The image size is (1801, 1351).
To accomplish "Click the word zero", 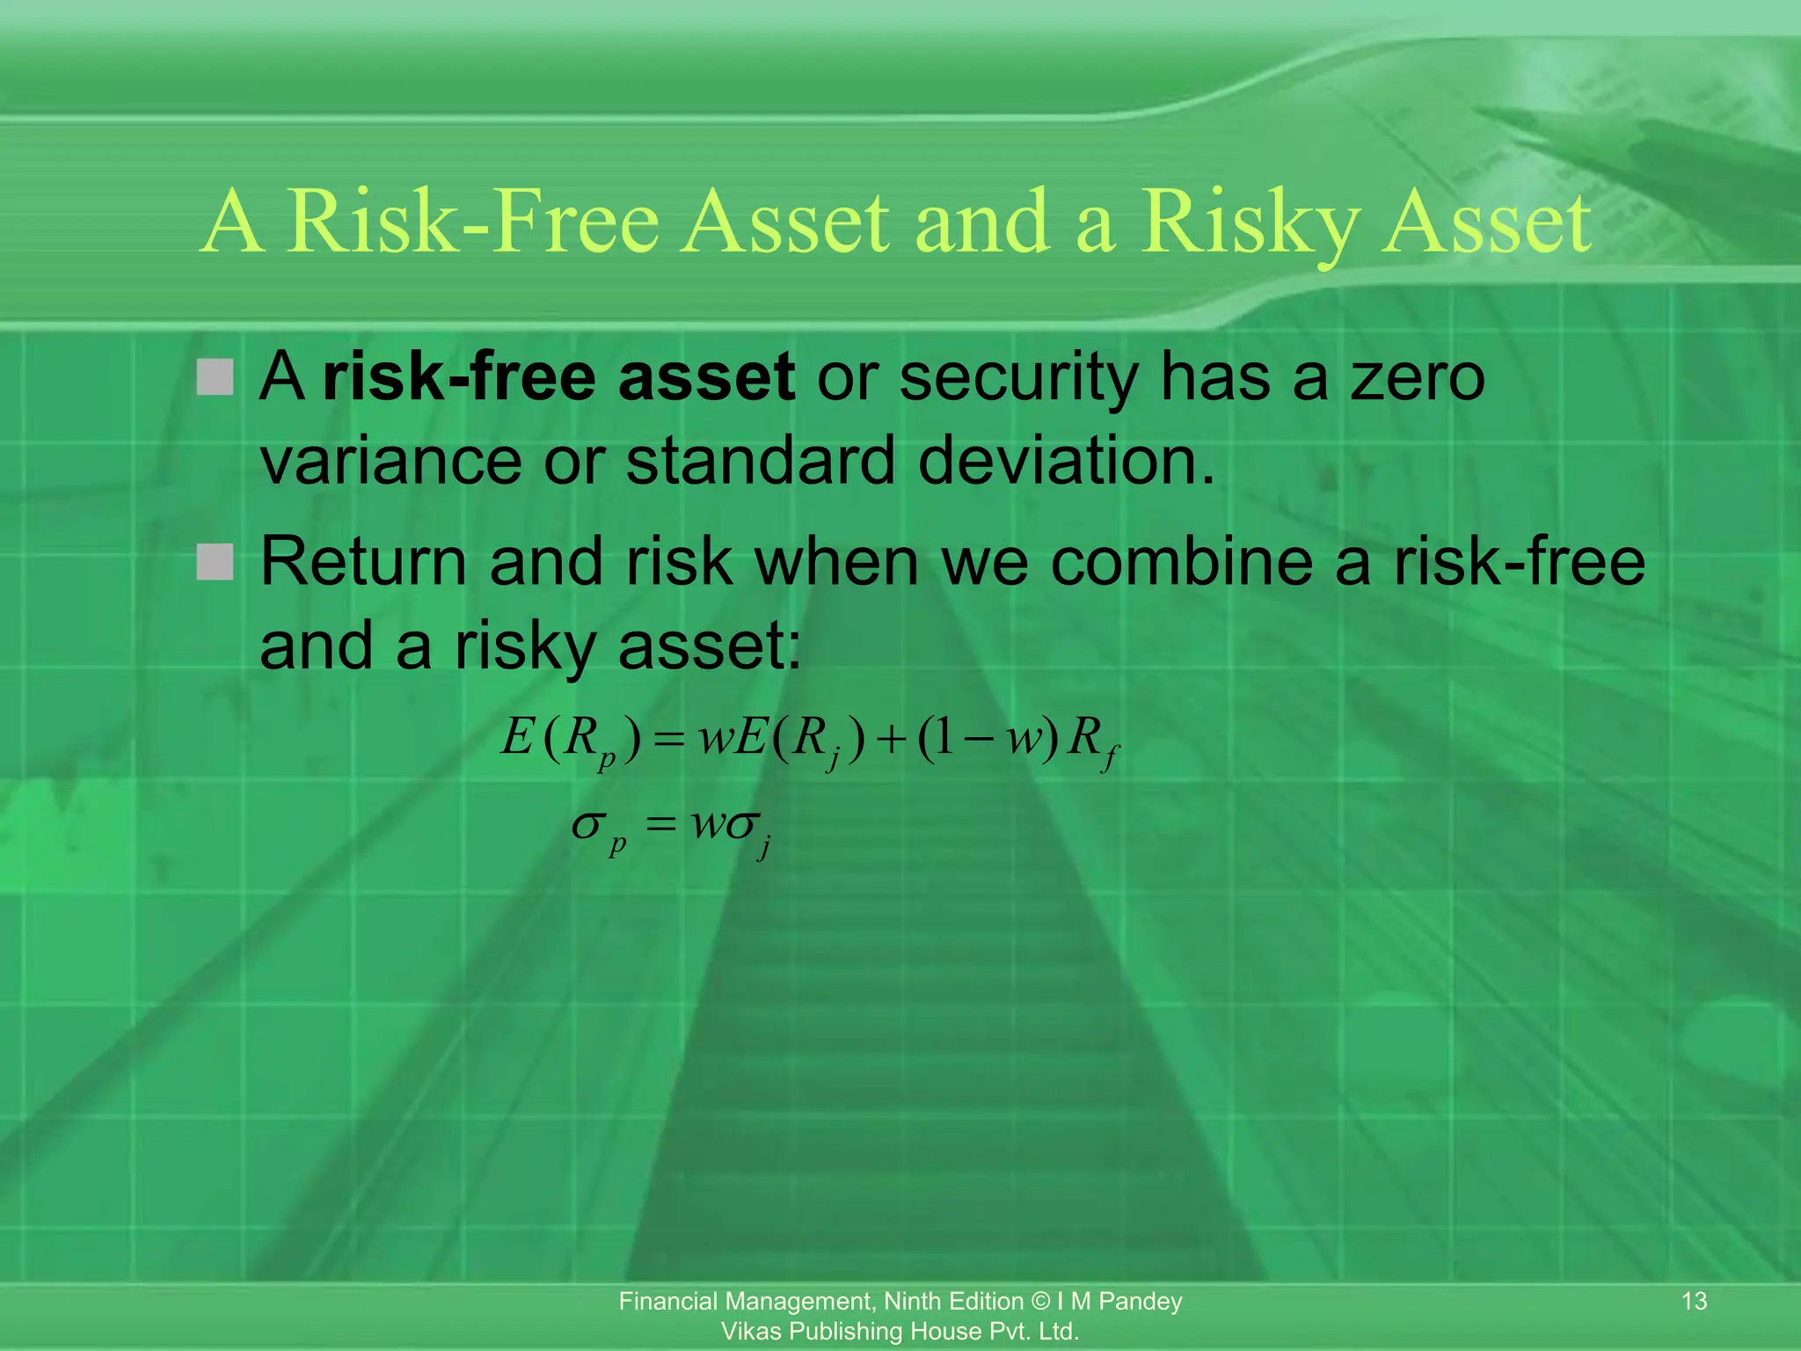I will (x=1417, y=376).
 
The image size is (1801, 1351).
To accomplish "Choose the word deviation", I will (x=1066, y=461).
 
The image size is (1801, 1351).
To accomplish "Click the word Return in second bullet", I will (x=363, y=561).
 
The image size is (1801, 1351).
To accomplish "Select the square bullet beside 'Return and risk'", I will (x=215, y=561).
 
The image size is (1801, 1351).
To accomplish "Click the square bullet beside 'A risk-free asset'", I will (x=215, y=376).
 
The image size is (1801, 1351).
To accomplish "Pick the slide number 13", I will (x=1694, y=1301).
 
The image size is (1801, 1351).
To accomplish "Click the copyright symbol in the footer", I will (x=1040, y=1301).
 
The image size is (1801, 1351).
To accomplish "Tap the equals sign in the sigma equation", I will (x=660, y=826).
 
